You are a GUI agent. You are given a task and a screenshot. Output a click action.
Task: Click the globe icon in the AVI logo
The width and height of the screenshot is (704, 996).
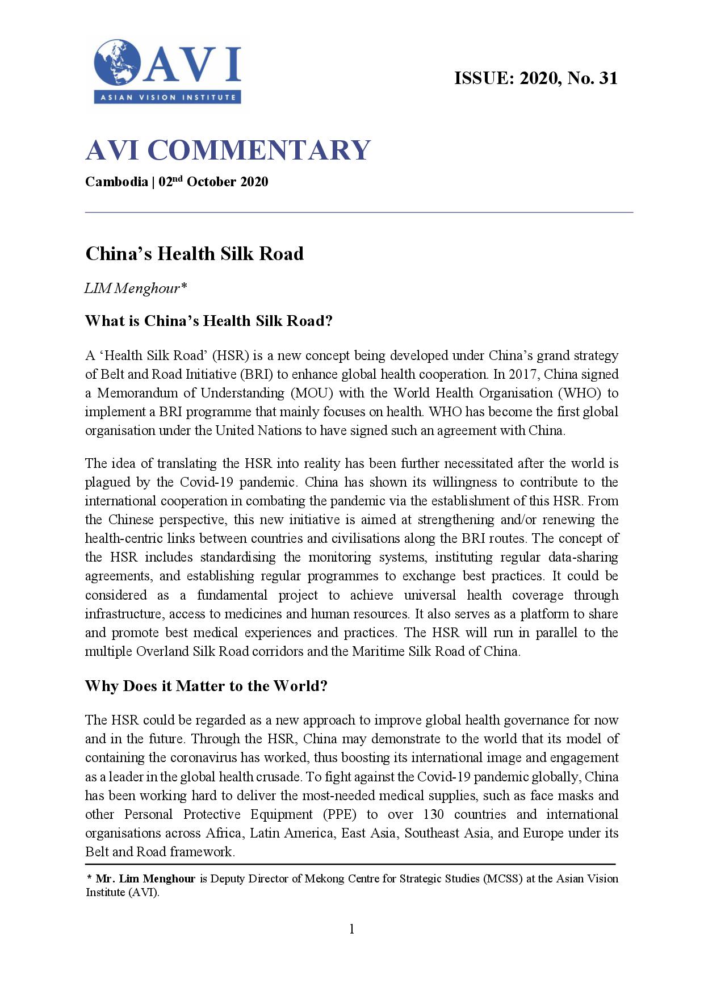tap(118, 63)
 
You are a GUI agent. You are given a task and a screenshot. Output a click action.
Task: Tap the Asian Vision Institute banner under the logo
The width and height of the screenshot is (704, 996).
tap(167, 97)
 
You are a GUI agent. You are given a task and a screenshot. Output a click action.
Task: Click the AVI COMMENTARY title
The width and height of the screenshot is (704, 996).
tap(228, 150)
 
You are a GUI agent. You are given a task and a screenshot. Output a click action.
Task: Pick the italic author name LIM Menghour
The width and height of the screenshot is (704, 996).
tap(135, 288)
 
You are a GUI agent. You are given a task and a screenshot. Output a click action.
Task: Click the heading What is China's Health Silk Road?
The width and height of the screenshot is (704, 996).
tap(208, 321)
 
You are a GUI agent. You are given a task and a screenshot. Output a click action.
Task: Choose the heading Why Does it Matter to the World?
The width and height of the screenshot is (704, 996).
tap(206, 686)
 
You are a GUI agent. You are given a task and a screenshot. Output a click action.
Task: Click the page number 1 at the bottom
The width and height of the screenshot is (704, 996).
tap(352, 929)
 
